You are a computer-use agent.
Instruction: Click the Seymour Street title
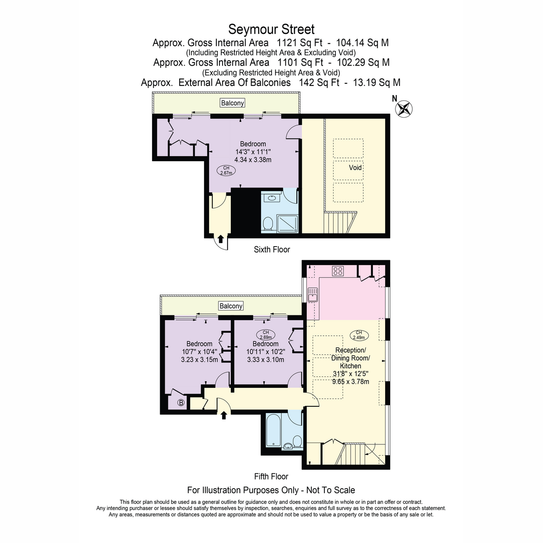271,29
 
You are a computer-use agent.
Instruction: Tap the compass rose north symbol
404,109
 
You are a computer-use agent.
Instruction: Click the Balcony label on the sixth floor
232,103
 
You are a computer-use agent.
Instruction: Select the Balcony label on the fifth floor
231,306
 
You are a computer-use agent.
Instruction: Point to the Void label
355,168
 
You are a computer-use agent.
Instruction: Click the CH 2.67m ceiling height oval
226,171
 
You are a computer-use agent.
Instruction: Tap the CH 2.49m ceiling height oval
359,335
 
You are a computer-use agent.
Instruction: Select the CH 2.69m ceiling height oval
266,334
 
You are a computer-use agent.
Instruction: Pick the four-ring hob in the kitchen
338,271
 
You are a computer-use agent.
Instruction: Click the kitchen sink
313,295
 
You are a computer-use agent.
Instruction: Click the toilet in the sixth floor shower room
267,223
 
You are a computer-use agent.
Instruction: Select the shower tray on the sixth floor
287,224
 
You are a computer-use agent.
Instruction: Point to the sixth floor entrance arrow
221,239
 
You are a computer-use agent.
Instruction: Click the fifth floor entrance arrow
224,415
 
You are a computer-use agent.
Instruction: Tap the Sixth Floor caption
271,249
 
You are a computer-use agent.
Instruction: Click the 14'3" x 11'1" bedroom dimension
253,152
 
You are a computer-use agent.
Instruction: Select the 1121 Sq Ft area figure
300,43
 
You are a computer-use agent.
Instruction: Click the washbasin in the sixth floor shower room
271,198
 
